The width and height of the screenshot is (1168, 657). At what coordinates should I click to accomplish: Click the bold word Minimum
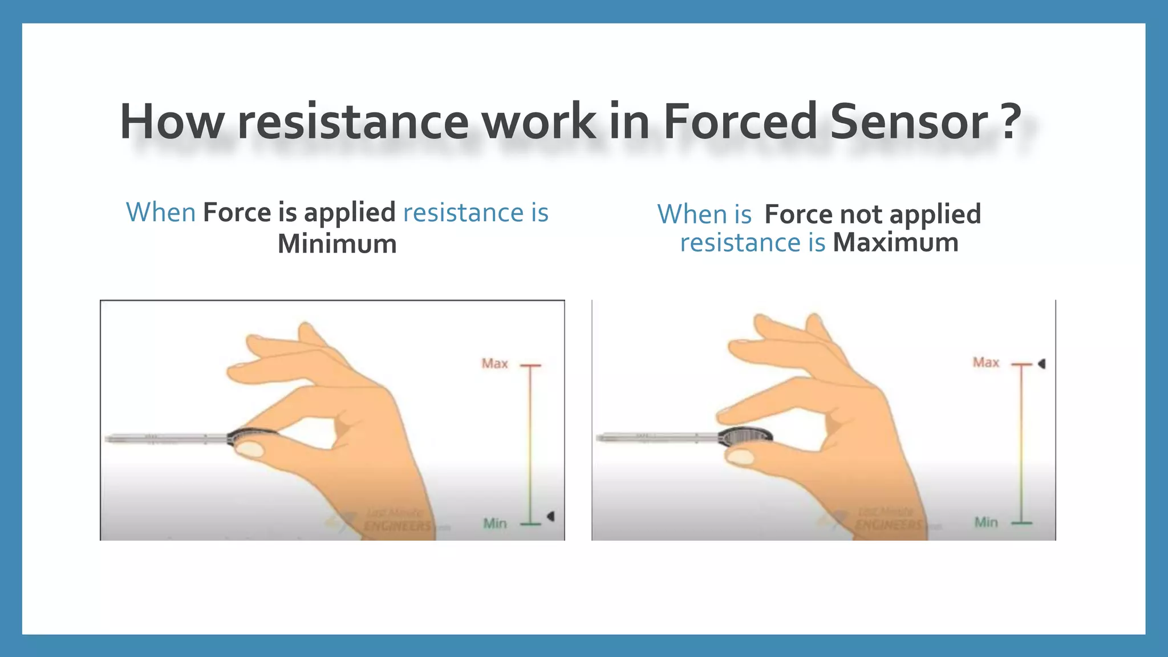coord(337,244)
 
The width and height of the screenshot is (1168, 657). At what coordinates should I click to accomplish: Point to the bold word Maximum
coord(895,242)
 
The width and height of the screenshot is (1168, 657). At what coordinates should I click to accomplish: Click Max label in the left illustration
coord(494,364)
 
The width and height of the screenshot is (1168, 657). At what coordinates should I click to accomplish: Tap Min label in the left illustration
coord(494,523)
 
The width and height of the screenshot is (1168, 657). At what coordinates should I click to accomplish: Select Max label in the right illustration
coord(985,363)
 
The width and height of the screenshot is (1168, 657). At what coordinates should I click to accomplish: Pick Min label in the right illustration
coord(985,522)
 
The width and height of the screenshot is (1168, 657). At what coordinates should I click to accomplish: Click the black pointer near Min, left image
coord(551,516)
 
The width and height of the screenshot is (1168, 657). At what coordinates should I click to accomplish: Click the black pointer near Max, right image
coord(1041,363)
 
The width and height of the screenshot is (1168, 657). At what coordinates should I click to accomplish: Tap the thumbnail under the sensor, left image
coord(250,451)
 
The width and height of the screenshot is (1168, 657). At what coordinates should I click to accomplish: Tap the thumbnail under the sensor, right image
coord(741,456)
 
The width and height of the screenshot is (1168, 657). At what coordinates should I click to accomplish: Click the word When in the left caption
coord(161,213)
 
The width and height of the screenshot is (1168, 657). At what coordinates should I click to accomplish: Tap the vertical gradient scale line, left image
coord(530,445)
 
